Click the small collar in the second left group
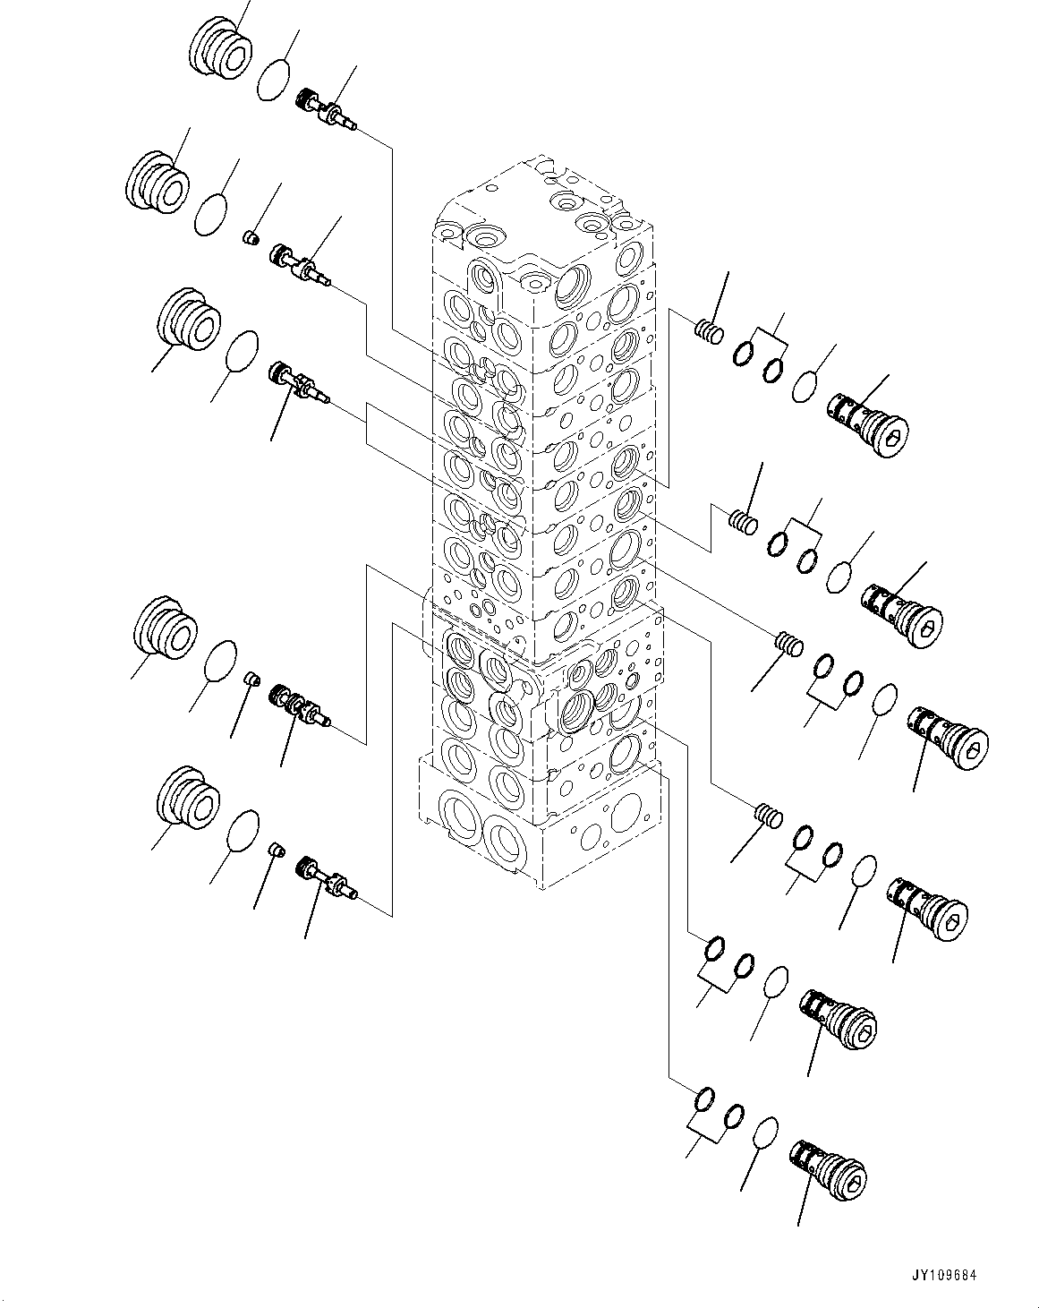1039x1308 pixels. (x=252, y=238)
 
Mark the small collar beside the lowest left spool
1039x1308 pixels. (x=277, y=849)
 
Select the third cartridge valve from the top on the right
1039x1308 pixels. (x=949, y=736)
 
